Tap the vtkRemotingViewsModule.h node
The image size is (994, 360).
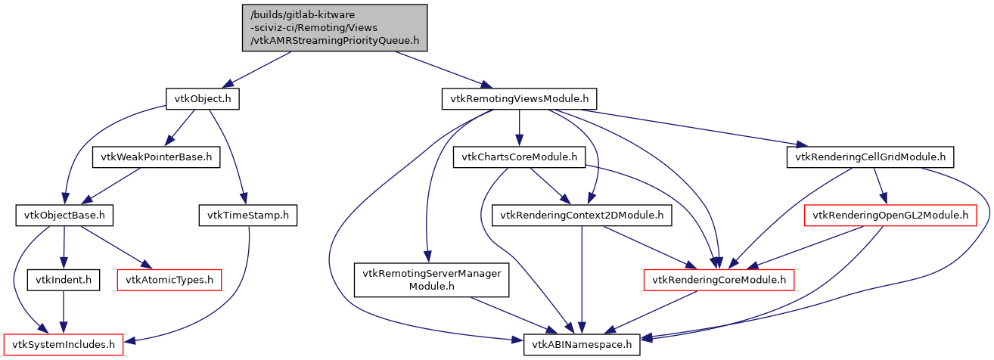coord(519,98)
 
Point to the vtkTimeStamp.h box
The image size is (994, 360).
coord(247,216)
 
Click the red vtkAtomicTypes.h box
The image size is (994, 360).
coord(169,281)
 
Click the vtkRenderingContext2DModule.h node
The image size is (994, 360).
coord(581,216)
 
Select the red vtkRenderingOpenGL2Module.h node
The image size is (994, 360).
coord(890,216)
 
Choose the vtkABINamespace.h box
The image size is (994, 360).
coord(582,346)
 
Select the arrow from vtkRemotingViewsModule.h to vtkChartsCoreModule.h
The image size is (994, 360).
coord(519,128)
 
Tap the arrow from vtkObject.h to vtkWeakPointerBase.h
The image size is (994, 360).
coord(179,128)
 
